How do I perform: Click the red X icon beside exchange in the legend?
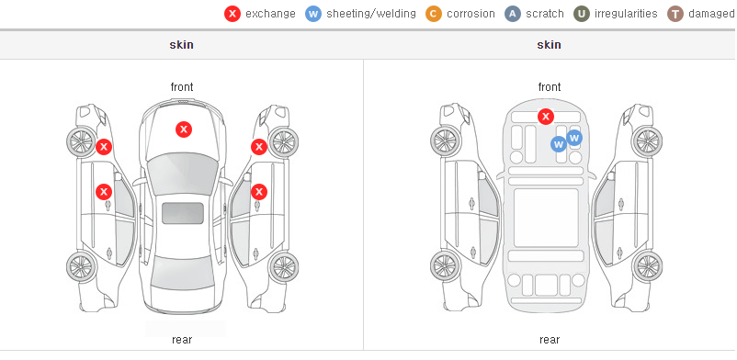[x=232, y=14]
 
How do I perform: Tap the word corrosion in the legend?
[x=471, y=14]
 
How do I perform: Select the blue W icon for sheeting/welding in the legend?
[x=313, y=14]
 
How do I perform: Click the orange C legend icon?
[x=434, y=14]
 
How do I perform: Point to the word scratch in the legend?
[x=545, y=14]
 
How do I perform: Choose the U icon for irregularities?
[x=582, y=14]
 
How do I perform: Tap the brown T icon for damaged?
[x=675, y=14]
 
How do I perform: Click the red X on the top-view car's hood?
[x=184, y=129]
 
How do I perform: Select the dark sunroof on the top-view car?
[x=183, y=213]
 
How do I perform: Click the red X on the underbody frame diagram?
[x=545, y=116]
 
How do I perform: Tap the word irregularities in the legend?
[x=626, y=14]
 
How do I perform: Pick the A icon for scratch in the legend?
[x=513, y=14]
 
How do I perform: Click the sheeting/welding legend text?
[x=371, y=14]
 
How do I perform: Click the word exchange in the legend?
[x=270, y=14]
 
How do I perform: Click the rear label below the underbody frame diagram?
[x=550, y=340]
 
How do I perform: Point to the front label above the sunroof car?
[x=182, y=87]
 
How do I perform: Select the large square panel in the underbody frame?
[x=546, y=218]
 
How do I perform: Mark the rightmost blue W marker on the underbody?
[x=574, y=138]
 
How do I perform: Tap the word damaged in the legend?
[x=711, y=14]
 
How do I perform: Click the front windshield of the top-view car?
[x=182, y=174]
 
